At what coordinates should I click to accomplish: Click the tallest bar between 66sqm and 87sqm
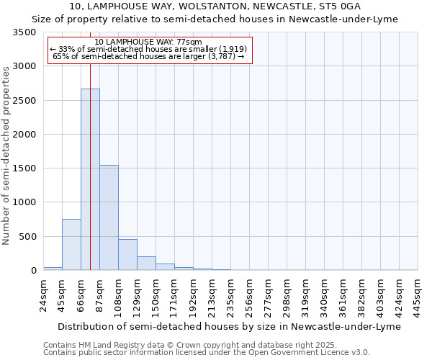click(90, 180)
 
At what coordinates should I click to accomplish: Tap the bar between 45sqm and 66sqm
click(71, 245)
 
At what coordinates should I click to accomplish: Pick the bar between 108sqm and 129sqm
click(127, 255)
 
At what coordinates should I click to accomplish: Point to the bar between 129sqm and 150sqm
click(146, 264)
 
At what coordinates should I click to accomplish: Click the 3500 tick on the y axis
click(24, 33)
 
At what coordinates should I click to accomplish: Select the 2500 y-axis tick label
click(24, 101)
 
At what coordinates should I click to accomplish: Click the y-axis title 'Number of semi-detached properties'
click(6, 155)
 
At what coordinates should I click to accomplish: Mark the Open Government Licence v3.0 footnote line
click(207, 353)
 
